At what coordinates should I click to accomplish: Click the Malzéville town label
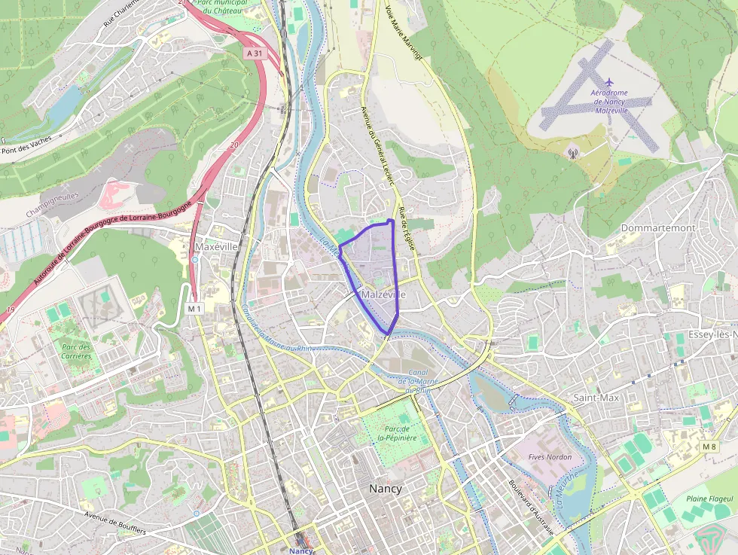pyautogui.click(x=384, y=294)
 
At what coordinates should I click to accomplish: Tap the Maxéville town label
pyautogui.click(x=215, y=246)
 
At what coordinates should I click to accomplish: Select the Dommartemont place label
pyautogui.click(x=657, y=227)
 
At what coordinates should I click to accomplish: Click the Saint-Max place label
pyautogui.click(x=596, y=397)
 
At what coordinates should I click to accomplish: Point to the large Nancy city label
pyautogui.click(x=385, y=488)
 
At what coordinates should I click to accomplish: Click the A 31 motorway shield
pyautogui.click(x=255, y=53)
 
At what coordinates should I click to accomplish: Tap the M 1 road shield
pyautogui.click(x=195, y=308)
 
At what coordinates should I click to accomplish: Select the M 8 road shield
pyautogui.click(x=709, y=447)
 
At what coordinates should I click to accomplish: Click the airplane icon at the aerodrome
pyautogui.click(x=609, y=82)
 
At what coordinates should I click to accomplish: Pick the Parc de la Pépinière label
pyautogui.click(x=392, y=432)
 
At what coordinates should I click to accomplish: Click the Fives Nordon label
pyautogui.click(x=550, y=456)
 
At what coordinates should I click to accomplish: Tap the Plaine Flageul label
pyautogui.click(x=709, y=499)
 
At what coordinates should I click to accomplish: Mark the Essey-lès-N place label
pyautogui.click(x=712, y=334)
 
